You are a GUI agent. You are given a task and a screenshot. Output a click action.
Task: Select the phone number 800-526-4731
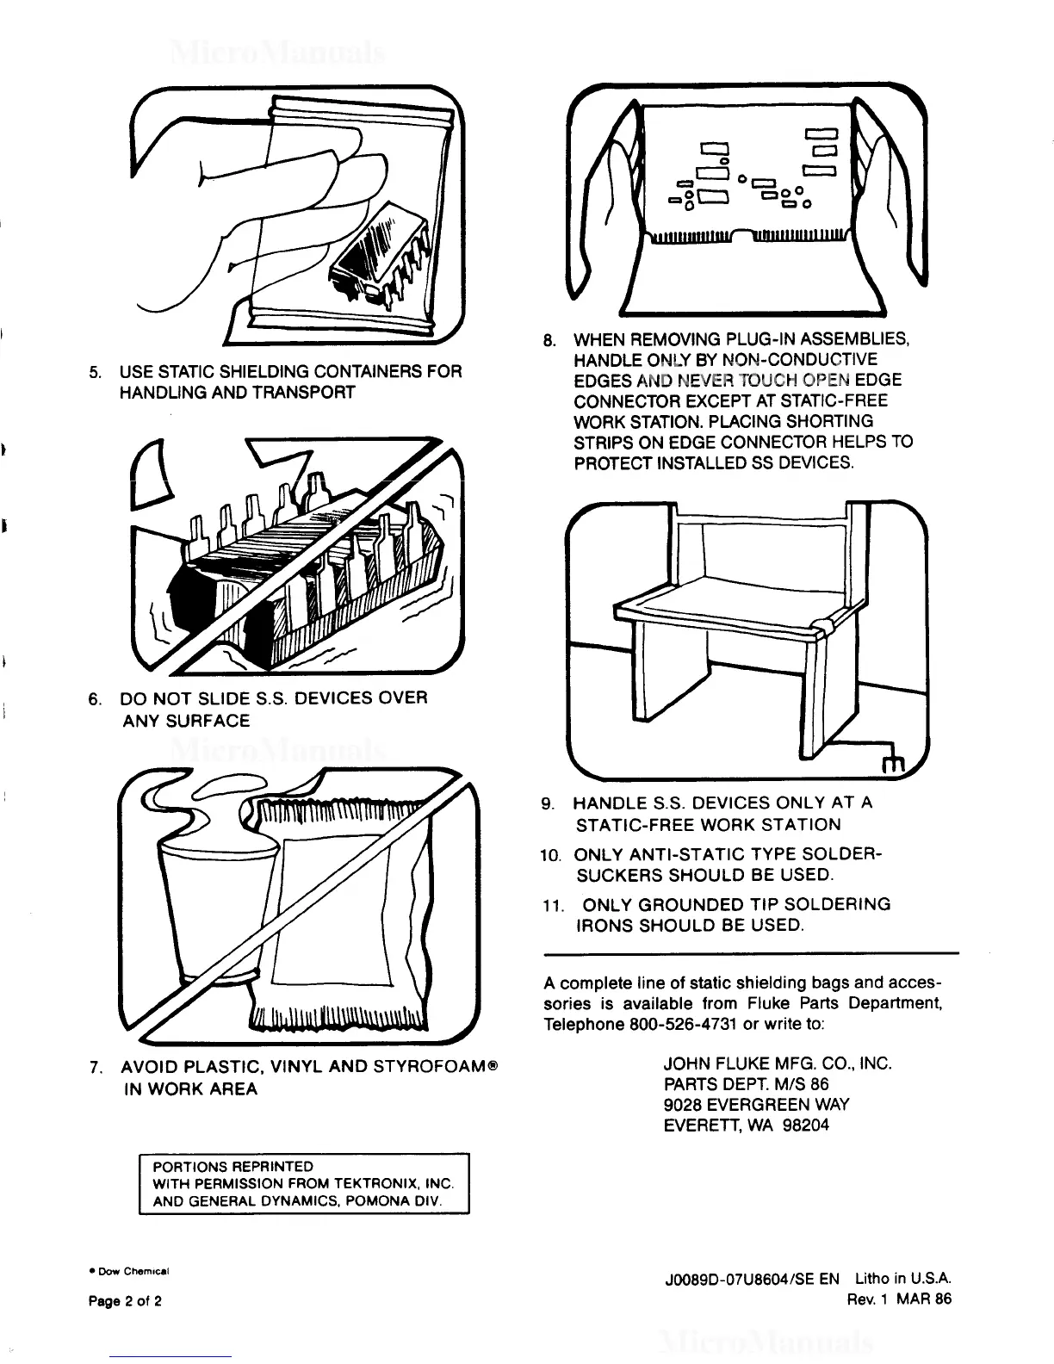pyautogui.click(x=673, y=1024)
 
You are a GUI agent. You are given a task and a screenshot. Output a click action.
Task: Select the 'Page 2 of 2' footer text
pyautogui.click(x=125, y=1301)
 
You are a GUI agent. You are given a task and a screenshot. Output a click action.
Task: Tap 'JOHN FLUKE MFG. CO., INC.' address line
pyautogui.click(x=777, y=1063)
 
